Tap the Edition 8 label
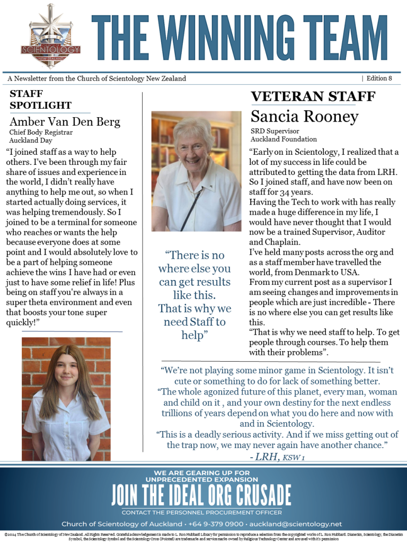(x=379, y=78)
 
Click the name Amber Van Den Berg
(x=65, y=121)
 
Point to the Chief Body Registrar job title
(x=41, y=133)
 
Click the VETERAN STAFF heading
(x=313, y=97)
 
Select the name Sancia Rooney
(x=304, y=116)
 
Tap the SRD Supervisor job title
(x=275, y=131)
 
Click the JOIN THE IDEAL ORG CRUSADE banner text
(x=201, y=494)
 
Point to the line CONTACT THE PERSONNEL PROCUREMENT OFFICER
(x=201, y=512)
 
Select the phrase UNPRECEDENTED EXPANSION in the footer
(x=201, y=479)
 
